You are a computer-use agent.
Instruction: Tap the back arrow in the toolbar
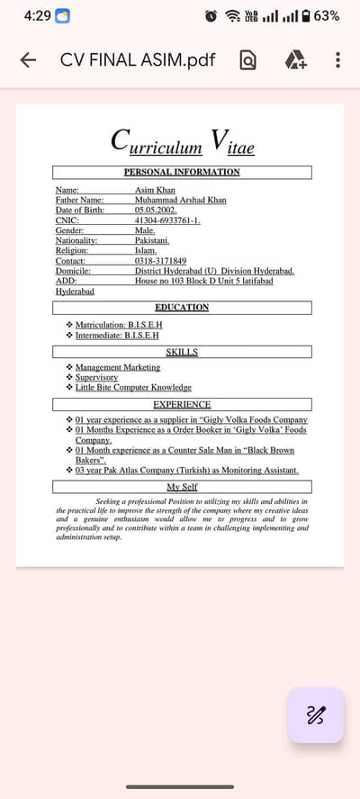[28, 60]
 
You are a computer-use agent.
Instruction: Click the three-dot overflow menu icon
[337, 60]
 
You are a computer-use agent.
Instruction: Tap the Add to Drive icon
[295, 60]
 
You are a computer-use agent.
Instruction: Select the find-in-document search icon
[247, 60]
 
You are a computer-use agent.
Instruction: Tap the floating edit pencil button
[315, 715]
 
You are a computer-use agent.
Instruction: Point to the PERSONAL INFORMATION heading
[182, 172]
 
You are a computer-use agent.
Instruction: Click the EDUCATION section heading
[182, 308]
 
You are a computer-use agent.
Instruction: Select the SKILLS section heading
[182, 352]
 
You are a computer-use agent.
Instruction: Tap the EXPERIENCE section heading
[182, 405]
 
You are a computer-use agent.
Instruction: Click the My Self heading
[182, 487]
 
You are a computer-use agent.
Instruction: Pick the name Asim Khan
[155, 191]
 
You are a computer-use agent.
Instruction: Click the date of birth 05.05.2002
[156, 210]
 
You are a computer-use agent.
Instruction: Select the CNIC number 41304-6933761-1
[167, 220]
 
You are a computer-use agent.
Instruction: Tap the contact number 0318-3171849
[160, 261]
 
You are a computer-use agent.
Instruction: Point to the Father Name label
[79, 200]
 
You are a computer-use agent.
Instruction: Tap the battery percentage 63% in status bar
[327, 15]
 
